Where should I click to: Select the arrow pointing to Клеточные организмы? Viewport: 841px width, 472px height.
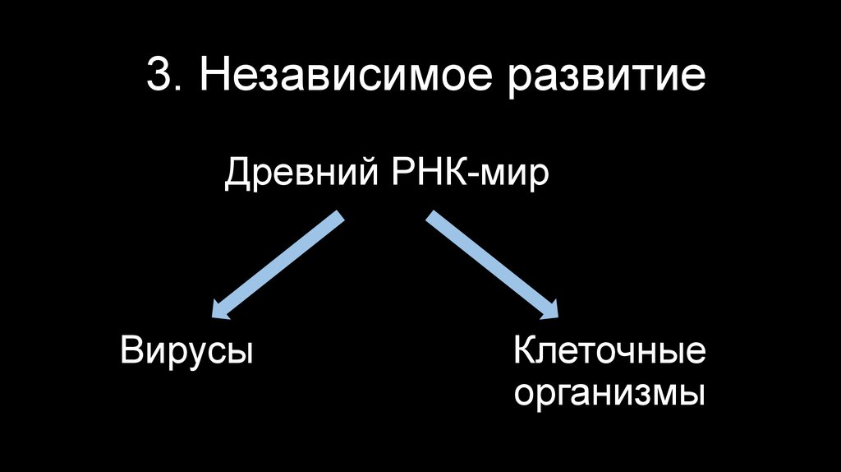tap(491, 265)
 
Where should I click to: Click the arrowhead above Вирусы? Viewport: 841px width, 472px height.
tap(220, 309)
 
